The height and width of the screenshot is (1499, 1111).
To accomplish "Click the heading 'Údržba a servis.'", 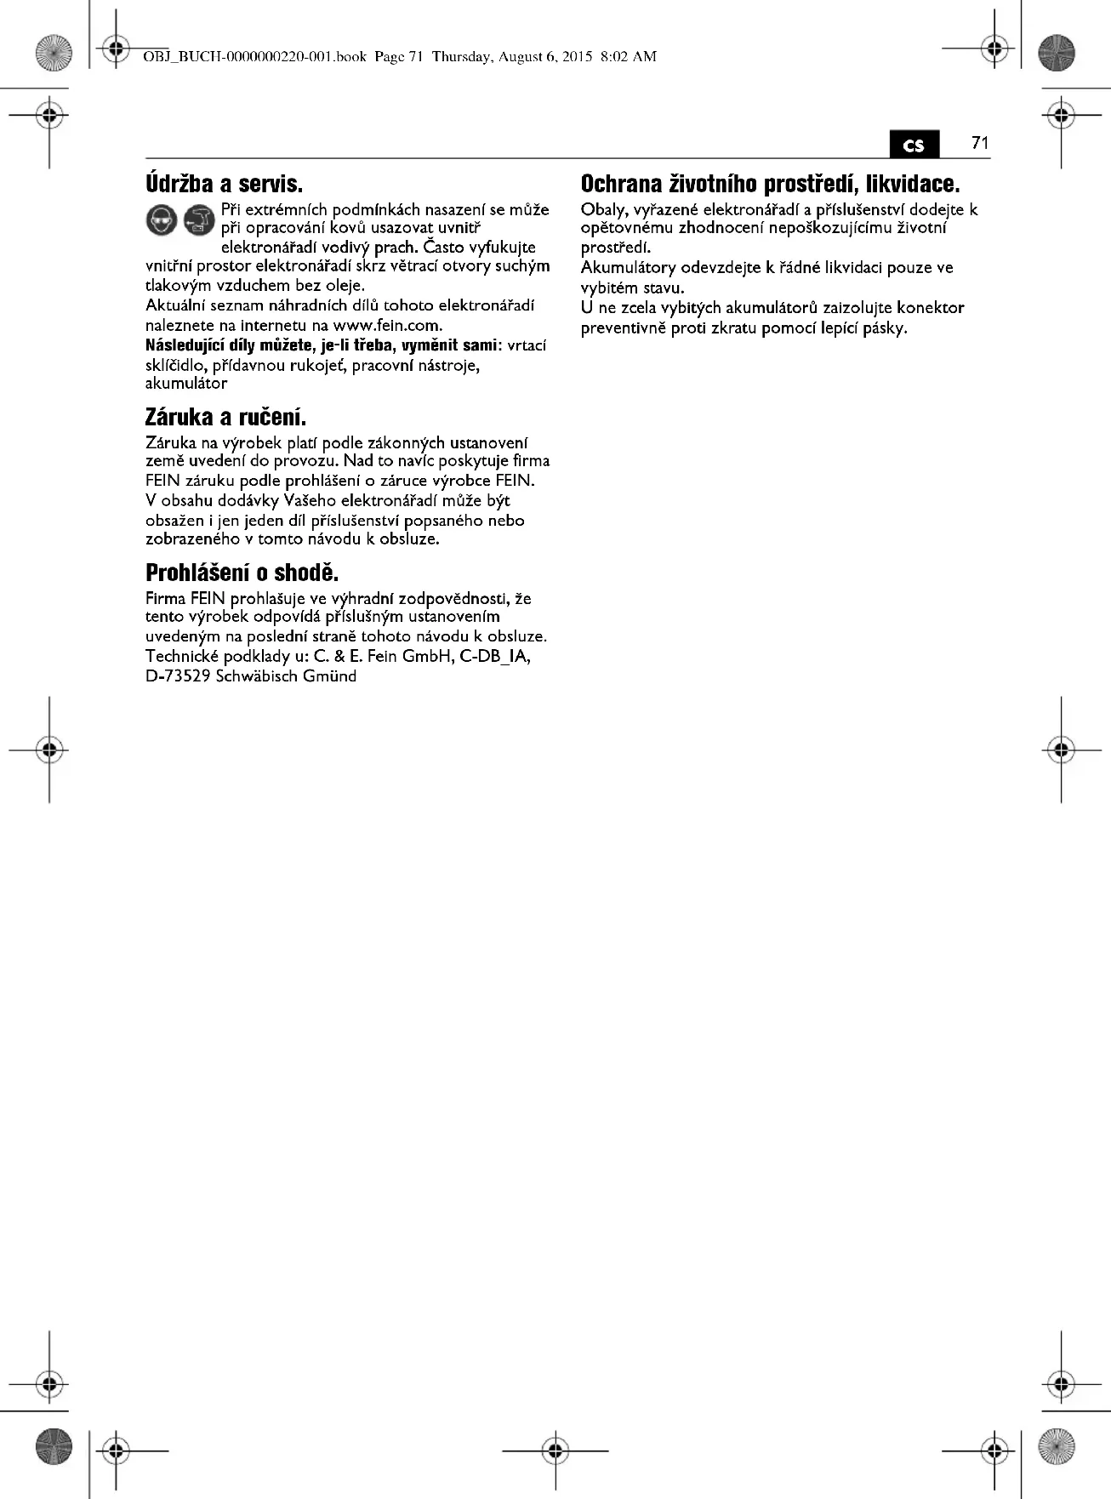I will click(x=224, y=184).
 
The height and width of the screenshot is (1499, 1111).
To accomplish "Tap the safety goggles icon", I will click(x=162, y=221).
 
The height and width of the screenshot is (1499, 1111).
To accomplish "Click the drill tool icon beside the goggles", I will click(x=199, y=221).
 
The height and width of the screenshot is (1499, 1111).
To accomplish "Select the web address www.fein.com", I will click(x=387, y=326).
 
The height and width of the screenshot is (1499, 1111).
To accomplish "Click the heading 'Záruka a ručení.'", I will click(x=225, y=418).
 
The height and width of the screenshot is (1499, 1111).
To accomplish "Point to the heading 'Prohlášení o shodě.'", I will click(x=242, y=573).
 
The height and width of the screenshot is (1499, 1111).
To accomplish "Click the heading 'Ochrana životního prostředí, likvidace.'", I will click(x=770, y=184).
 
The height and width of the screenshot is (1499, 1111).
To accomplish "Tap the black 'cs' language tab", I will click(x=914, y=145).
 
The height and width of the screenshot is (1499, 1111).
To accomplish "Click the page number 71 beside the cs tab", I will click(x=980, y=143).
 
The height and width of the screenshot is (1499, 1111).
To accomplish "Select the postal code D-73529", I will click(x=178, y=677).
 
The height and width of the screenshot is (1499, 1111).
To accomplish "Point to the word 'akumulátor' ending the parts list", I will click(x=186, y=384).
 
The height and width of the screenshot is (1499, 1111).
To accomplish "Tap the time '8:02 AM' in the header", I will click(x=628, y=57).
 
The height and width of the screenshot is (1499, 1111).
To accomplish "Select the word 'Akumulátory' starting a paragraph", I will click(x=628, y=268).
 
